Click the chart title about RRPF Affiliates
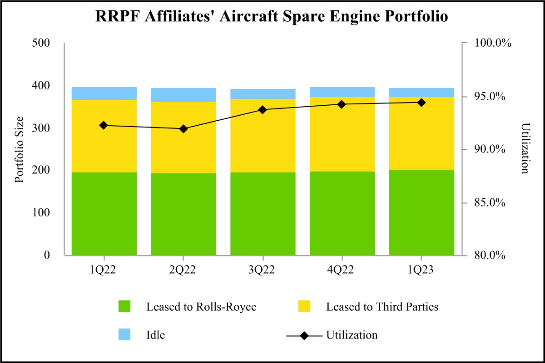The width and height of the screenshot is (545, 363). pos(272,17)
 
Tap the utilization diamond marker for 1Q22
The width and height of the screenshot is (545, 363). pos(104,125)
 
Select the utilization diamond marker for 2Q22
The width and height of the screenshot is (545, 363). pos(183,129)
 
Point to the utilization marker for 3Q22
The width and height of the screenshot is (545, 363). pos(263,109)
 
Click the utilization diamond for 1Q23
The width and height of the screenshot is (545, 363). pos(421,103)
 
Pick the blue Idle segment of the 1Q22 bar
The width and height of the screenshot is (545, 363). pos(104,93)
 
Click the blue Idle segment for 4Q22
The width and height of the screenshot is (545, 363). pos(342,92)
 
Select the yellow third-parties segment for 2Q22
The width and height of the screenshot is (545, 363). pos(183,137)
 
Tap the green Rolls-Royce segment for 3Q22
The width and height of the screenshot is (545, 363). pos(263,213)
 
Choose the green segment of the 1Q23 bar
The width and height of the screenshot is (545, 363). pos(421,212)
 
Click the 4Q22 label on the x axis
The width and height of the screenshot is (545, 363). pos(342,270)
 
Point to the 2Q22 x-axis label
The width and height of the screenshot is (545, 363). pos(183,270)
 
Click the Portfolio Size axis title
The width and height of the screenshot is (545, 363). pos(19,149)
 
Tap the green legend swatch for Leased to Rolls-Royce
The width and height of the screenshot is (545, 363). pos(124,307)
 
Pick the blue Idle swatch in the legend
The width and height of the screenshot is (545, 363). pos(124,335)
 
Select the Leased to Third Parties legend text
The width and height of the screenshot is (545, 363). pos(382,307)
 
